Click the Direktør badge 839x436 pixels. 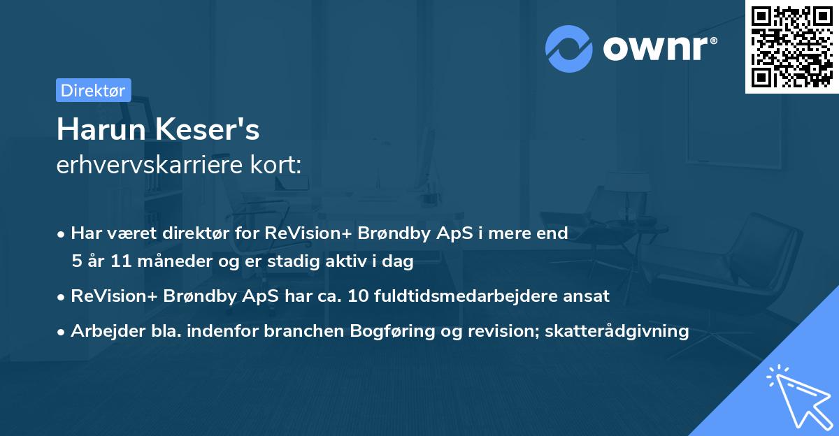[x=94, y=90]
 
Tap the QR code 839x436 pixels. [x=791, y=47]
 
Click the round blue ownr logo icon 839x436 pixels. [x=568, y=49]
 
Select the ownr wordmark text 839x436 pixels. [x=655, y=48]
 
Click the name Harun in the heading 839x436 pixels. [x=101, y=129]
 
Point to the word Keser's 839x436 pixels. [x=207, y=129]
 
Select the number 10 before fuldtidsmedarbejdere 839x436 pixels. [x=358, y=296]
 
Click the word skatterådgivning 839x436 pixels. [x=617, y=331]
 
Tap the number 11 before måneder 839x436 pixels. [x=121, y=261]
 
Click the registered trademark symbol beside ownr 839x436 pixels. [x=713, y=41]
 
